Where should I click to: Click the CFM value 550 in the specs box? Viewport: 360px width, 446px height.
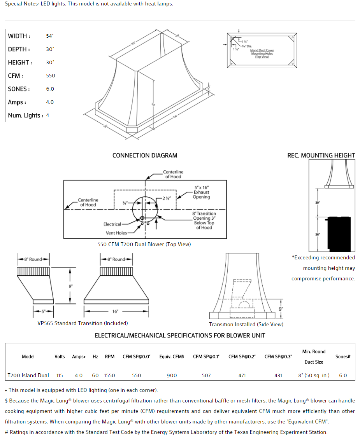tap(51, 76)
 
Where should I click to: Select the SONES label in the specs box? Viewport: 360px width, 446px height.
tap(19, 89)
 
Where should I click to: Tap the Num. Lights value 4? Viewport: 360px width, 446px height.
tap(47, 115)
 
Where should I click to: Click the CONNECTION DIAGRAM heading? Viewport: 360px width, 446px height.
tap(145, 156)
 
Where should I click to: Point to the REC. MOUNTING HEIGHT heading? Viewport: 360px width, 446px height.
tap(321, 156)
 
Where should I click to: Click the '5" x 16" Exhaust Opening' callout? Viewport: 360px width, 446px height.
tap(201, 192)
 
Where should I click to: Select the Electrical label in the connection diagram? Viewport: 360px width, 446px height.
tap(112, 224)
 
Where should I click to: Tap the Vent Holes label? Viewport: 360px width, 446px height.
tap(116, 233)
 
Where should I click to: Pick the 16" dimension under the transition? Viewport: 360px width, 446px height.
tap(115, 311)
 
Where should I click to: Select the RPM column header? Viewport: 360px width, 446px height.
tap(110, 357)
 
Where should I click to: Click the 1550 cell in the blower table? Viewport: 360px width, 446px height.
tap(110, 376)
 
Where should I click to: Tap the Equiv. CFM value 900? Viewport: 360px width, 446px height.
tap(172, 376)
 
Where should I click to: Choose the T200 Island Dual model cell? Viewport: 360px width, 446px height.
tap(28, 376)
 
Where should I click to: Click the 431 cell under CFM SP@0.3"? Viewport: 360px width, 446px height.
tap(278, 376)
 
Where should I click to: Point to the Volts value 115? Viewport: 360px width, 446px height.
tap(60, 376)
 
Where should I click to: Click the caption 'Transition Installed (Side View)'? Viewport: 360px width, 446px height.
tap(246, 324)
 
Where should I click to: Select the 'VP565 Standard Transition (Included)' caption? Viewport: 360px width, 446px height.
tap(83, 323)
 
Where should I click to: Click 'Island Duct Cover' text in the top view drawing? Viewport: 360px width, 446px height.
tap(262, 51)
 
